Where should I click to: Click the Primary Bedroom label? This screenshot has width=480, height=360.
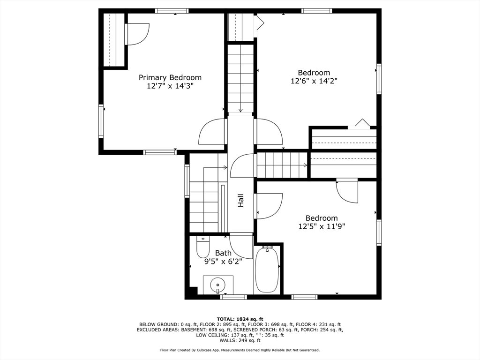point(170,78)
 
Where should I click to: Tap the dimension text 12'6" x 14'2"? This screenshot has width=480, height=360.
point(314,81)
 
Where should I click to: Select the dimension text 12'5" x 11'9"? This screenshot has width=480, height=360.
point(322,226)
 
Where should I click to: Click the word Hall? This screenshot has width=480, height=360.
point(241,200)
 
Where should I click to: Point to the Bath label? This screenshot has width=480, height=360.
point(223,253)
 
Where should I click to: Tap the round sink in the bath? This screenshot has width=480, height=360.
point(217,285)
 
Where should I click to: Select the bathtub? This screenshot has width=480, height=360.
point(267,269)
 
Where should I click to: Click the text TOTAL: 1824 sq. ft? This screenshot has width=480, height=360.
point(240,319)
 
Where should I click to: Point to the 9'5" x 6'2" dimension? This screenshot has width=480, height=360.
point(223,262)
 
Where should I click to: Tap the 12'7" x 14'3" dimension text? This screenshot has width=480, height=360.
point(170,86)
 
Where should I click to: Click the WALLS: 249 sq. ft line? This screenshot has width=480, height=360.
point(240,340)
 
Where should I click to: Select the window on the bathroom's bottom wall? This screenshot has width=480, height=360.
point(233,297)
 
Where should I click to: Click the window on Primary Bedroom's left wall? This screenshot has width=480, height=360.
point(101,121)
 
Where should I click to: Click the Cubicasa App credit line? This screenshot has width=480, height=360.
point(240,350)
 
